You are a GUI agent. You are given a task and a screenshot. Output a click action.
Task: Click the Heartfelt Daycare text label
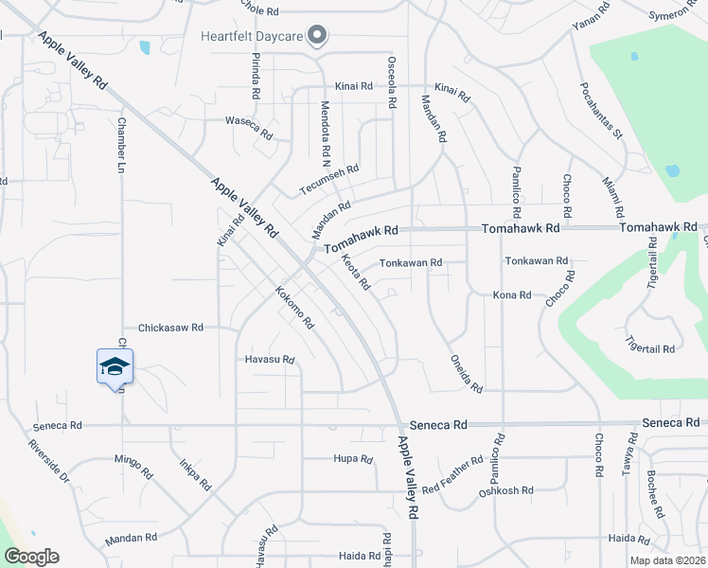(x=253, y=38)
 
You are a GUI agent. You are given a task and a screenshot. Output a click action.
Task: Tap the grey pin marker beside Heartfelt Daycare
(x=318, y=37)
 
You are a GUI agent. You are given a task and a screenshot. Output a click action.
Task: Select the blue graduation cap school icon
(x=115, y=366)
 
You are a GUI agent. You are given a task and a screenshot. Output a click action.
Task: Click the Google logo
(x=31, y=557)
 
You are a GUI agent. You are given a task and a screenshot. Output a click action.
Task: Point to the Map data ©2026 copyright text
(x=666, y=560)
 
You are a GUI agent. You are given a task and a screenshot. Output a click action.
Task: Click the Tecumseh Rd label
(x=329, y=180)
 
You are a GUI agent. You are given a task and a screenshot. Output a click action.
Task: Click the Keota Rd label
(x=355, y=272)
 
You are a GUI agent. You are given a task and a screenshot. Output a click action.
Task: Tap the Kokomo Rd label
(x=294, y=308)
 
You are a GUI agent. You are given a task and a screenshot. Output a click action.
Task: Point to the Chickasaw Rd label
(x=171, y=328)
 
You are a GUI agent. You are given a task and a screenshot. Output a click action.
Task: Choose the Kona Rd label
(x=512, y=295)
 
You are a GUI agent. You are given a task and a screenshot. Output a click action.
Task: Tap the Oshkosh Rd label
(x=506, y=491)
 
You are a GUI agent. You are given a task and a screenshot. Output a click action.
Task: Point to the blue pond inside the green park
(x=671, y=171)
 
